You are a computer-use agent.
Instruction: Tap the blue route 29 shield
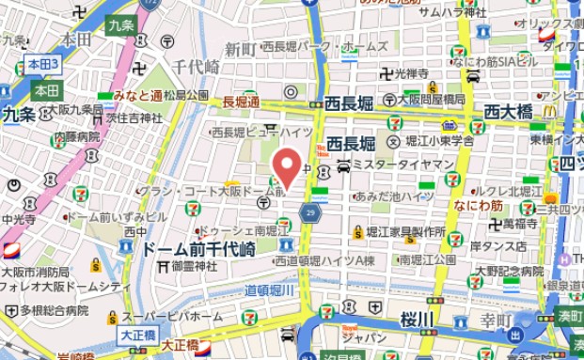click(310, 214)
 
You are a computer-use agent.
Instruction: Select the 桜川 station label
click(415, 319)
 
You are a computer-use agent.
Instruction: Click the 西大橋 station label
click(509, 112)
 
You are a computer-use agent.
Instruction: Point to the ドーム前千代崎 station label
click(198, 249)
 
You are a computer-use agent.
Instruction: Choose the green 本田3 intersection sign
click(42, 64)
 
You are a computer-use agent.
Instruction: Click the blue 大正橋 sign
click(137, 334)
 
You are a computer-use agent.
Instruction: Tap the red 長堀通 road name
click(241, 101)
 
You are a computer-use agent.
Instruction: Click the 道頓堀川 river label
click(271, 291)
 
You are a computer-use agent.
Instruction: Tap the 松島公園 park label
click(185, 96)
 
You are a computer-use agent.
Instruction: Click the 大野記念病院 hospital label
click(508, 272)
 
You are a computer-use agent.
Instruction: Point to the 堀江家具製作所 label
click(405, 231)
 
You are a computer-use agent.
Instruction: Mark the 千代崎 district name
click(196, 66)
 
